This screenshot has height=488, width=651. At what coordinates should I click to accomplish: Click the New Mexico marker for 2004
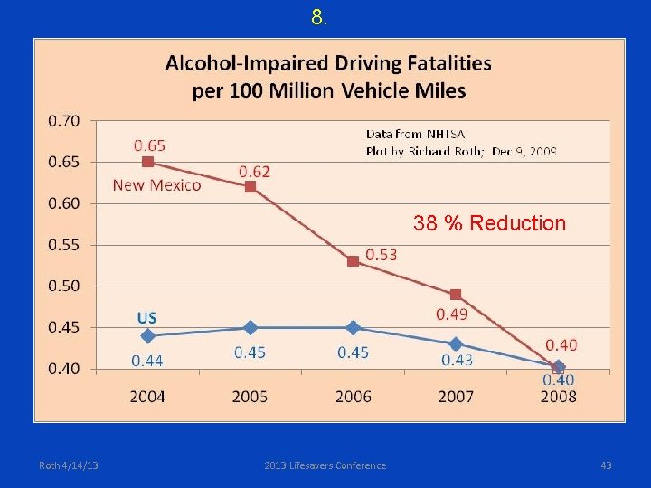148,162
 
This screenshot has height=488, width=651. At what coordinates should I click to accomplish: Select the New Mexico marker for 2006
353,261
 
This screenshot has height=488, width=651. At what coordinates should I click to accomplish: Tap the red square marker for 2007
456,295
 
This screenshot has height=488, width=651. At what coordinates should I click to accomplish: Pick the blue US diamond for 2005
250,328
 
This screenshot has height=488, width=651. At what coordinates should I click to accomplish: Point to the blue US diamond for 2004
148,335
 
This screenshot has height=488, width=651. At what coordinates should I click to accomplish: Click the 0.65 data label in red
149,145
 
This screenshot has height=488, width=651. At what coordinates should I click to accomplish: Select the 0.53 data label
381,255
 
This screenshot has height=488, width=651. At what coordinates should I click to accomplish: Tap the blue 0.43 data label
457,360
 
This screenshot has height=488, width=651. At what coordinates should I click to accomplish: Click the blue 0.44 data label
147,361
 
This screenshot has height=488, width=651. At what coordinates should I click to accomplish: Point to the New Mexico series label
156,185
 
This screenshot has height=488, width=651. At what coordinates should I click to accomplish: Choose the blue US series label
146,317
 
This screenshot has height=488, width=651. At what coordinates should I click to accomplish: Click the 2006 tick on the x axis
353,396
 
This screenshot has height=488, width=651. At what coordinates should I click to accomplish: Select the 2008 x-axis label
558,396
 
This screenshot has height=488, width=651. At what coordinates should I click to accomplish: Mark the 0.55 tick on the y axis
63,245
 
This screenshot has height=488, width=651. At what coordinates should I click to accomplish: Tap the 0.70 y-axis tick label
63,120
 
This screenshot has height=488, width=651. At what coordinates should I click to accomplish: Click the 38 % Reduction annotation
489,223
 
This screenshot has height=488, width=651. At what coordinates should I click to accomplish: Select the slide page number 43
606,465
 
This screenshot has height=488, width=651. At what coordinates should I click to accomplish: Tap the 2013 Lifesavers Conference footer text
325,465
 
